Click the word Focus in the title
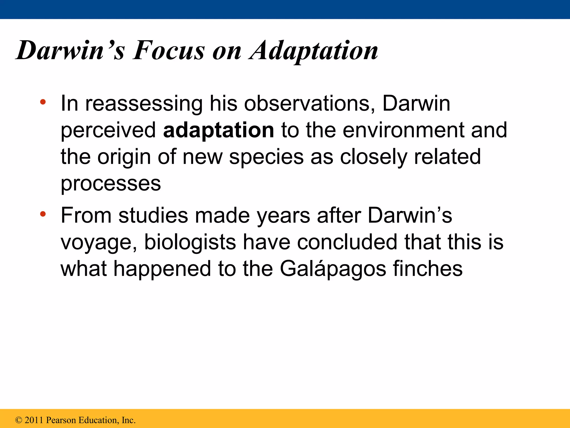click(169, 51)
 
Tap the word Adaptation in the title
click(314, 51)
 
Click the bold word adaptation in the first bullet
click(218, 130)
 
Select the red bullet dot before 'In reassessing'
click(43, 102)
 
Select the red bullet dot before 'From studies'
click(43, 214)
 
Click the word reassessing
click(144, 104)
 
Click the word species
click(266, 157)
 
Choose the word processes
click(111, 184)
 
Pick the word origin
click(124, 157)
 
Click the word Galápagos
click(333, 269)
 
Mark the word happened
click(162, 269)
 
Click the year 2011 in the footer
click(34, 420)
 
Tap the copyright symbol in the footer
click(19, 420)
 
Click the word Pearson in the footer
click(61, 420)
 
